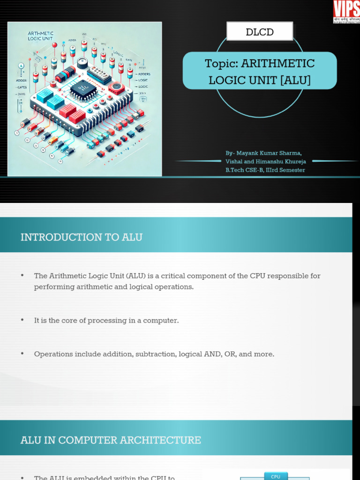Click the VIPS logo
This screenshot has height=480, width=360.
pyautogui.click(x=346, y=12)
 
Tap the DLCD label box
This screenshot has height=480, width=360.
pyautogui.click(x=260, y=32)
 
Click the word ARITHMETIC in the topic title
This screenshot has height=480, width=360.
pyautogui.click(x=278, y=63)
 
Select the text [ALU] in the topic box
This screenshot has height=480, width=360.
pyautogui.click(x=295, y=80)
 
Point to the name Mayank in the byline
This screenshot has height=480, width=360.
pyautogui.click(x=249, y=153)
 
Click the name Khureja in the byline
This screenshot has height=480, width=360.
pyautogui.click(x=294, y=162)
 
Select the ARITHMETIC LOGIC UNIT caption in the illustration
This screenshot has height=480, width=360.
pyautogui.click(x=41, y=36)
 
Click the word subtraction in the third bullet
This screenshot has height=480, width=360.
pyautogui.click(x=156, y=354)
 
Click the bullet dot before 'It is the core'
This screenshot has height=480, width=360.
pyautogui.click(x=22, y=320)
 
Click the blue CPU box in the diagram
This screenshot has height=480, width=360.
pyautogui.click(x=276, y=476)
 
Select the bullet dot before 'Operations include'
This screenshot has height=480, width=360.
pyautogui.click(x=22, y=353)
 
